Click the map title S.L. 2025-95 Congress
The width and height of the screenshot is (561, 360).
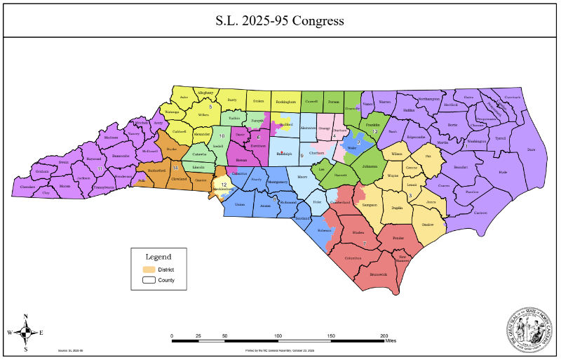[280, 20]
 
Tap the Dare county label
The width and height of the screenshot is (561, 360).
[530, 149]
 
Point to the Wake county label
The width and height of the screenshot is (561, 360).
[353, 148]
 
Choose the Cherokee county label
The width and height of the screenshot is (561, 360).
[27, 187]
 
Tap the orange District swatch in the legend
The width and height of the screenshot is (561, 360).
[147, 269]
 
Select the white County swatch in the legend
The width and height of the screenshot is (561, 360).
[147, 280]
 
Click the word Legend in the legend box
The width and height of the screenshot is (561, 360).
[158, 257]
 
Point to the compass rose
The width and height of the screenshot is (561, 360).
[25, 332]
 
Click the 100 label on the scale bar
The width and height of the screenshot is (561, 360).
[278, 336]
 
